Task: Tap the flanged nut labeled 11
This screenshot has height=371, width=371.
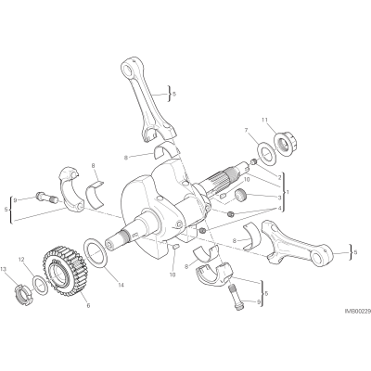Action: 285,141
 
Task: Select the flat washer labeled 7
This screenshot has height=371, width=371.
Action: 267,152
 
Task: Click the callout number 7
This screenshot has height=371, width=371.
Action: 246,130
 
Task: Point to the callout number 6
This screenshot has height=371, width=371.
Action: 88,305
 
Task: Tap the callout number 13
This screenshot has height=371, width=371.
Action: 3,268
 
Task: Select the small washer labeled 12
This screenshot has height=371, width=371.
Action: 40,286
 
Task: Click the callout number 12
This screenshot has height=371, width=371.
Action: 21,260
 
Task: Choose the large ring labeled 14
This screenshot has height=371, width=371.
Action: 96,250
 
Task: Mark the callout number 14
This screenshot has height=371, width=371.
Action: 121,285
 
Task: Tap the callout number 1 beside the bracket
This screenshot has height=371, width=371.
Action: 288,192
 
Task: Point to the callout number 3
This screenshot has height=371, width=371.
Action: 279,198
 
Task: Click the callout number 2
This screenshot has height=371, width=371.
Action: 279,177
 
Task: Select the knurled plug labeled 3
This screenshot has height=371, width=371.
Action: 240,196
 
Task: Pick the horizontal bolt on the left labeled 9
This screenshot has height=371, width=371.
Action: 46,198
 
